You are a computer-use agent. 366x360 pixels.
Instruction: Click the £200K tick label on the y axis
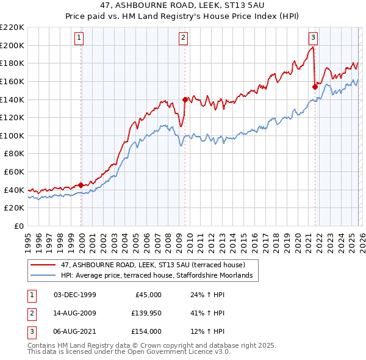point(12,45)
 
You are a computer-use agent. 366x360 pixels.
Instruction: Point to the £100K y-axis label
point(12,135)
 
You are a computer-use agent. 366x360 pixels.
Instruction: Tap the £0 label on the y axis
point(18,226)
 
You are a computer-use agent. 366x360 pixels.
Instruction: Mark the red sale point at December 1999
point(81,185)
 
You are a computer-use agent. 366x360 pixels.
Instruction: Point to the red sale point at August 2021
point(315,87)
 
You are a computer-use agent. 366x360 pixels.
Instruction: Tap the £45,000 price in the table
point(147,295)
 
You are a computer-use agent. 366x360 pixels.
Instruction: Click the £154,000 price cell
point(146,331)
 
